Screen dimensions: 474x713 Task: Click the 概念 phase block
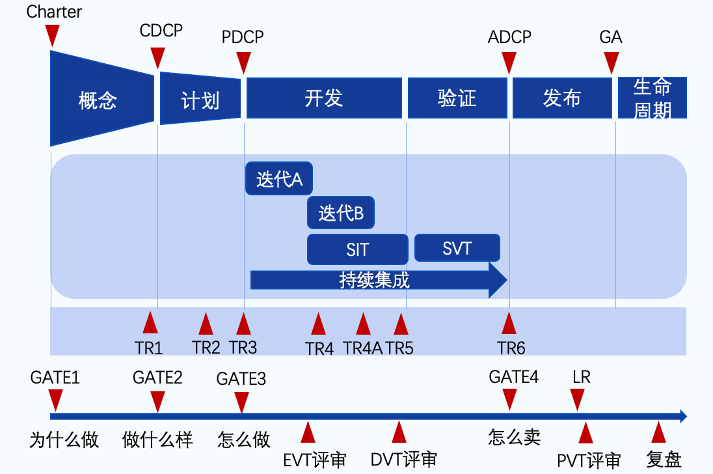pos(99,99)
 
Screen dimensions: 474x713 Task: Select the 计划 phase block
pos(200,99)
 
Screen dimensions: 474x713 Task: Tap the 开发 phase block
pos(323,98)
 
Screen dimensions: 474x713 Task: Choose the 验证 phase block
pos(457,98)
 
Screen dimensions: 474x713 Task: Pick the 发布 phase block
pos(562,98)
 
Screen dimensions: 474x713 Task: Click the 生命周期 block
pos(652,98)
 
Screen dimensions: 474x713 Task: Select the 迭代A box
pos(279,179)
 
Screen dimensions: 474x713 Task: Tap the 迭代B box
pos(341,213)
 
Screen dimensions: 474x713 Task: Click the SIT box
pos(357,249)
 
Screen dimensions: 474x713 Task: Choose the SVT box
pos(457,248)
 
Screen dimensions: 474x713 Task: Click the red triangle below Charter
pos(53,35)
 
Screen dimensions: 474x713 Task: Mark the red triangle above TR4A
pos(363,324)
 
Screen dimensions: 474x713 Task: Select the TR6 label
pos(511,348)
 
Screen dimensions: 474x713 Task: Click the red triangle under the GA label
pos(610,63)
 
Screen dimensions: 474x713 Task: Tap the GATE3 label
pos(241,378)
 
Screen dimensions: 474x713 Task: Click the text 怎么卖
pos(514,437)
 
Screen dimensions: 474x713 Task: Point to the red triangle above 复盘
pos(658,432)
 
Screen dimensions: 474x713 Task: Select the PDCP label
pos(243,36)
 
